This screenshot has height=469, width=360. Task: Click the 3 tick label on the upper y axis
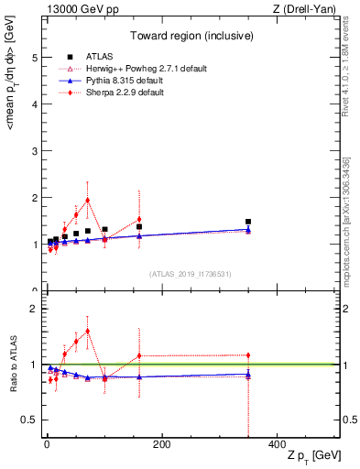(34, 150)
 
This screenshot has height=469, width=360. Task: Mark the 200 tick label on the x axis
(161, 444)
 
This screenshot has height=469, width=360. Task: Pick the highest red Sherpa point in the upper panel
(87, 200)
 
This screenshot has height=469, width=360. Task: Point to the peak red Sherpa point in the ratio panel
(87, 331)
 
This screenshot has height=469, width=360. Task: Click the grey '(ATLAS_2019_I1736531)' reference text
(190, 273)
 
